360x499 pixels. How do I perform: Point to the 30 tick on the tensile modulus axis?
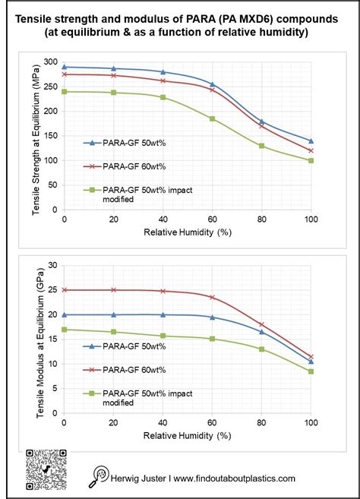(x=52, y=265)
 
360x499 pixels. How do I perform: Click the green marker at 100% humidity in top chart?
(x=311, y=160)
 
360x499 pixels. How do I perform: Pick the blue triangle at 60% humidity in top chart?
(x=212, y=84)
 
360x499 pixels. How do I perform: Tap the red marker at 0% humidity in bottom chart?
(x=65, y=290)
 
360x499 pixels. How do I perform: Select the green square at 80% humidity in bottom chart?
(x=261, y=349)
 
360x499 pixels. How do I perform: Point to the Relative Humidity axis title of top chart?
(x=187, y=233)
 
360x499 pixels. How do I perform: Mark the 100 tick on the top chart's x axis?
(x=311, y=219)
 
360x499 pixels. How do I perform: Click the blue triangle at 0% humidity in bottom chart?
(x=65, y=314)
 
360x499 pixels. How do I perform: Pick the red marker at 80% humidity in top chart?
(x=261, y=125)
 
